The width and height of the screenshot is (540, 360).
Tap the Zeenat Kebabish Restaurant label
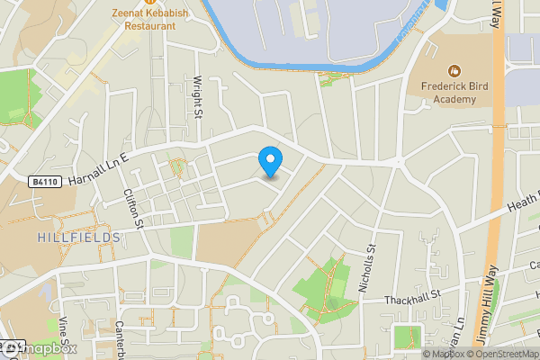143,20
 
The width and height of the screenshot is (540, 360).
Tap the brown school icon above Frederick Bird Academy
454,70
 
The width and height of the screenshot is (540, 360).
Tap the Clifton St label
133,209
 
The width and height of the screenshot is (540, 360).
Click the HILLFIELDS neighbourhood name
79,237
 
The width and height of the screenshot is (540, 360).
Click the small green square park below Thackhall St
407,337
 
